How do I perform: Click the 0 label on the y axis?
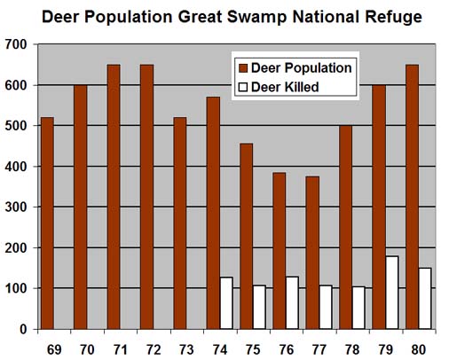[x=25, y=330]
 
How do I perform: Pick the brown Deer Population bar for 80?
[x=411, y=197]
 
